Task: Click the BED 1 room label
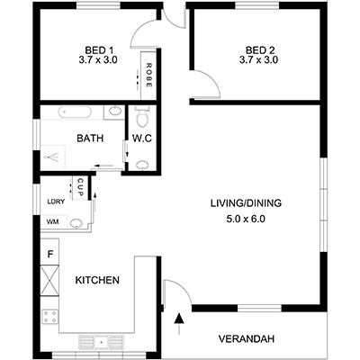(99, 49)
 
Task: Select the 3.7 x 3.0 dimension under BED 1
(99, 60)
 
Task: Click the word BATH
(89, 139)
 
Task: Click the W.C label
(141, 139)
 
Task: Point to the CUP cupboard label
(80, 188)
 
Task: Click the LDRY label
(55, 202)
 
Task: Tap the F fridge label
(50, 255)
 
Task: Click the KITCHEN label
(97, 280)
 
